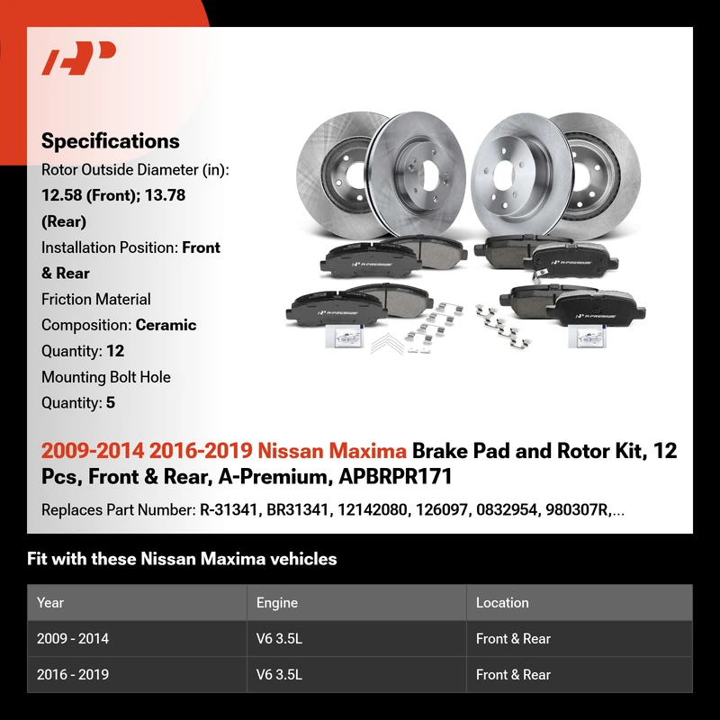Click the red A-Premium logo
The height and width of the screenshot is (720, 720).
[78, 58]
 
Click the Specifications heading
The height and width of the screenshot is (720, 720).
[110, 141]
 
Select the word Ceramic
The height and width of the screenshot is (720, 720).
[166, 325]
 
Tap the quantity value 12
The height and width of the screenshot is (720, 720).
[115, 351]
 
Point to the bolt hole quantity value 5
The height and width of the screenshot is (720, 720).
[111, 402]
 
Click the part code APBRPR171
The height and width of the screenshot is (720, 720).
[395, 476]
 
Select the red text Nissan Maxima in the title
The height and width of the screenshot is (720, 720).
[331, 451]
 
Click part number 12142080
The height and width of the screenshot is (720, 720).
[372, 509]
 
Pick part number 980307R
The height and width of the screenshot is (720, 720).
[576, 509]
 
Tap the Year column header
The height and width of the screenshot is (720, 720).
[50, 602]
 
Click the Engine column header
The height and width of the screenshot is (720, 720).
[277, 602]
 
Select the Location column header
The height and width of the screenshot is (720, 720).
[502, 602]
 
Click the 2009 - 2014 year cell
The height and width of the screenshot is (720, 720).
[73, 638]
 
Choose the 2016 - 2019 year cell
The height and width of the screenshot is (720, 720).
[73, 674]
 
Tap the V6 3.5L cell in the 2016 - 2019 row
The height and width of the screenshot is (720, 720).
[279, 674]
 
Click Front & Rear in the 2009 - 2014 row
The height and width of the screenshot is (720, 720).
[513, 638]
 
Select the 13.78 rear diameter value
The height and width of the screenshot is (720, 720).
[165, 195]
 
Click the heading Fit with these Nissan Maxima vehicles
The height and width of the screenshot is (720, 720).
[182, 559]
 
